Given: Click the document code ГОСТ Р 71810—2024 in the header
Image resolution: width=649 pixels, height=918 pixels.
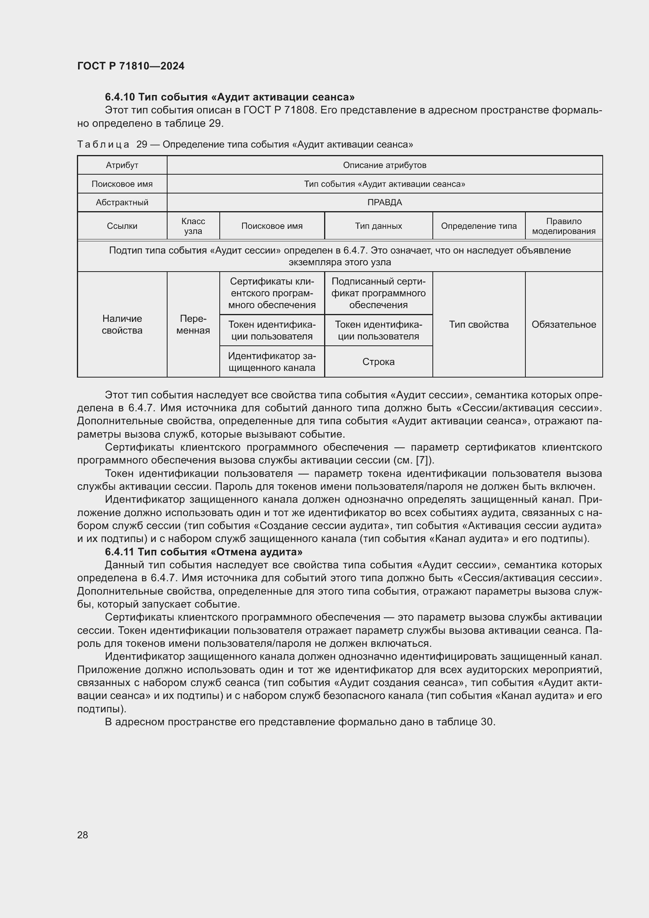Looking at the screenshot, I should [131, 66].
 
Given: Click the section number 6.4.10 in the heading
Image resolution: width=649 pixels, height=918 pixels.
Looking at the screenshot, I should [120, 97].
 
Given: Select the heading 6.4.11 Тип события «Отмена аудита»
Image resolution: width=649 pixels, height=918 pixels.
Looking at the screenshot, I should [203, 552].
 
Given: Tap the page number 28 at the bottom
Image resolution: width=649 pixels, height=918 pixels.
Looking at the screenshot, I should [82, 835].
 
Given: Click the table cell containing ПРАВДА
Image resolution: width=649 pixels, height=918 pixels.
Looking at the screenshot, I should [385, 202].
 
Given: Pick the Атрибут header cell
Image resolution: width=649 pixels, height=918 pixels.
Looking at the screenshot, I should [122, 165].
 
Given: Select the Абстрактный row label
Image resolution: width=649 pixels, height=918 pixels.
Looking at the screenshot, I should [122, 202].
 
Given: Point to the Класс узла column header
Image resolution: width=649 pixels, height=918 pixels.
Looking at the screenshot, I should [193, 226].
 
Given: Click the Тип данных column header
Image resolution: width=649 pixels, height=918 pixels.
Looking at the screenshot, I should [378, 226].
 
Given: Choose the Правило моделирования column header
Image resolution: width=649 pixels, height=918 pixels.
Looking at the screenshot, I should [563, 226].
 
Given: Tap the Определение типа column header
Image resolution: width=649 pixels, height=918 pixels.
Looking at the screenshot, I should [479, 226].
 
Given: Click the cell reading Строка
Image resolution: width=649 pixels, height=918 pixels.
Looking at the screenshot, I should [378, 361].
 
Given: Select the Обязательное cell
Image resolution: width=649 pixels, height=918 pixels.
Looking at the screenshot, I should [563, 324].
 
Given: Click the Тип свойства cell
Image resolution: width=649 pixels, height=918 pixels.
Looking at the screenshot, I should [479, 324].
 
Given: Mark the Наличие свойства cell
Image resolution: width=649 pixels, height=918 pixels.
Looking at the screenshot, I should [122, 324].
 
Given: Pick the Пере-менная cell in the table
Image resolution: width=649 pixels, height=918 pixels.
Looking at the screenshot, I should [193, 324].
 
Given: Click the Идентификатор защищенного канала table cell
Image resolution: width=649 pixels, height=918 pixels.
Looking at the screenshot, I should [272, 361].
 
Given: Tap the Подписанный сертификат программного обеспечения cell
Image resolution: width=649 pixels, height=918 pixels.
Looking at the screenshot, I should [378, 293].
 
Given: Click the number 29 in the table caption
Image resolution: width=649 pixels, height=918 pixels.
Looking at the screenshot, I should [142, 144].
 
